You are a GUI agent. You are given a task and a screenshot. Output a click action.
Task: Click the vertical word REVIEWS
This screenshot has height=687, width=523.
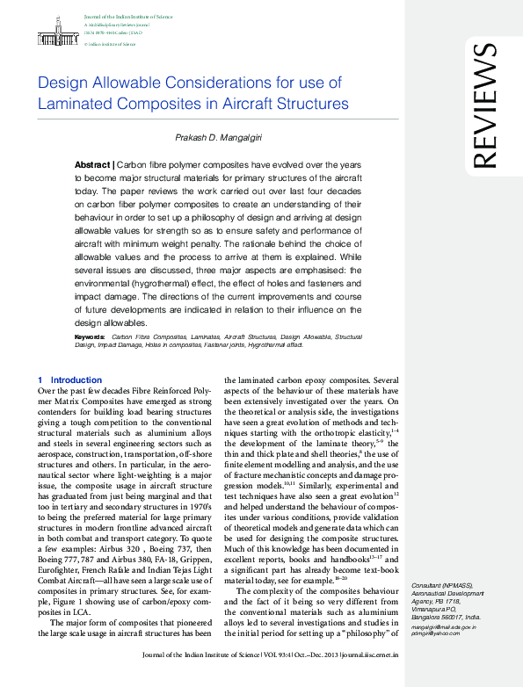484,107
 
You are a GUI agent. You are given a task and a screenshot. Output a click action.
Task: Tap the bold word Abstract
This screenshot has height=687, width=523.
92,165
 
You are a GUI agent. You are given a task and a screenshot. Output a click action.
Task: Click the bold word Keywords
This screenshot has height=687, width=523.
90,336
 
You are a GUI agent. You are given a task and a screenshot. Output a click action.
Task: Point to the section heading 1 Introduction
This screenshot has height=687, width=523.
69,380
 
